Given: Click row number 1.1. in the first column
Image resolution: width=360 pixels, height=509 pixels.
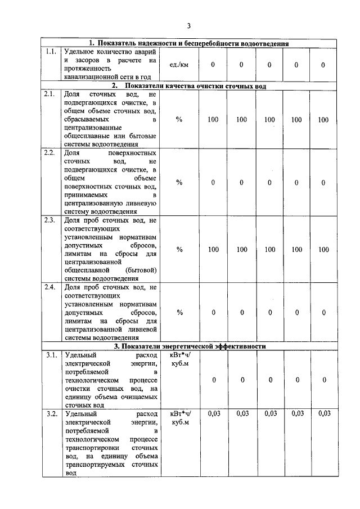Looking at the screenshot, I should point(51,52).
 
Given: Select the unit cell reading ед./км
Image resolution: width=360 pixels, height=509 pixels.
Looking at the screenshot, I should point(179,65).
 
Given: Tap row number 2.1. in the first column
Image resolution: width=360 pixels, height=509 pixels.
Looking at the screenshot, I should point(51,94).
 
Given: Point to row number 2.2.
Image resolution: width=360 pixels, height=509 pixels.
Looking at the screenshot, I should point(51,153).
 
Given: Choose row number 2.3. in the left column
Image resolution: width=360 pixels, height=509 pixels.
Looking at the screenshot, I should point(51,220).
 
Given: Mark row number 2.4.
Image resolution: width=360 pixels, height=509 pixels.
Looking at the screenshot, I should point(51,287).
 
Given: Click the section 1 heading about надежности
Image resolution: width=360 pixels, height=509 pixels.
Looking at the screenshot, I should point(190,43).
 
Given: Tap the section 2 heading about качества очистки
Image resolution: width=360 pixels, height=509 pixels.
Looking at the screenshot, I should point(189,85).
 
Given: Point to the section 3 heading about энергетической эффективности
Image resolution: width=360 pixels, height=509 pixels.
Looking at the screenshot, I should point(190,346).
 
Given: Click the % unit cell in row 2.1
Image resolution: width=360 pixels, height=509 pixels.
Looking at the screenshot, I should point(179,120).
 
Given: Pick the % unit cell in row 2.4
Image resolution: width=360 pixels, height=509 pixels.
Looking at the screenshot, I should point(179,313).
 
